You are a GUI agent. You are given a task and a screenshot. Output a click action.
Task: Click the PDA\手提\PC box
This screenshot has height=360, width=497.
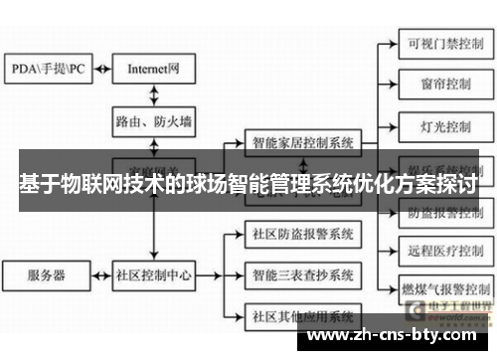pos(49,70)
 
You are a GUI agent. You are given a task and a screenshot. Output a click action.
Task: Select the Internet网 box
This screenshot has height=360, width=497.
pos(154,70)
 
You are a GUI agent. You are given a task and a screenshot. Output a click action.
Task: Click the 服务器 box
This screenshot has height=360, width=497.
pos(47,272)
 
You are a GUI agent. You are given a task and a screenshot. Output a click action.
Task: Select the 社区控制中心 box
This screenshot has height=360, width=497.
pos(154,272)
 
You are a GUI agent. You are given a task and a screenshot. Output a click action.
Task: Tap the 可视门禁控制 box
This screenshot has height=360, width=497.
pos(438,44)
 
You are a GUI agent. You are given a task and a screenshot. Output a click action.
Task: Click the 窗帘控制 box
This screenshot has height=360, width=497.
pos(438,86)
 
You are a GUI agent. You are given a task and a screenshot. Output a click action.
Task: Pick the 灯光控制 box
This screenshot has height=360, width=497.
pos(438,127)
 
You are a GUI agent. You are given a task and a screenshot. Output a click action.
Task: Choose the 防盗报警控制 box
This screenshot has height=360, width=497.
pos(438,211)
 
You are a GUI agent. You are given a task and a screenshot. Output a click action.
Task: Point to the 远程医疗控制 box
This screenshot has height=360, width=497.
pos(438,252)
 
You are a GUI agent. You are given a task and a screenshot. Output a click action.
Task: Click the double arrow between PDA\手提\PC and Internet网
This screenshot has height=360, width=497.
pos(102,70)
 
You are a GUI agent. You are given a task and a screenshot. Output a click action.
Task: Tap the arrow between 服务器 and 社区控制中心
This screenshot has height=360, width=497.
pos(102,272)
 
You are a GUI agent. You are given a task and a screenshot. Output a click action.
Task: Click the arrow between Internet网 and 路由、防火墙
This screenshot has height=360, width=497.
pos(154,95)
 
